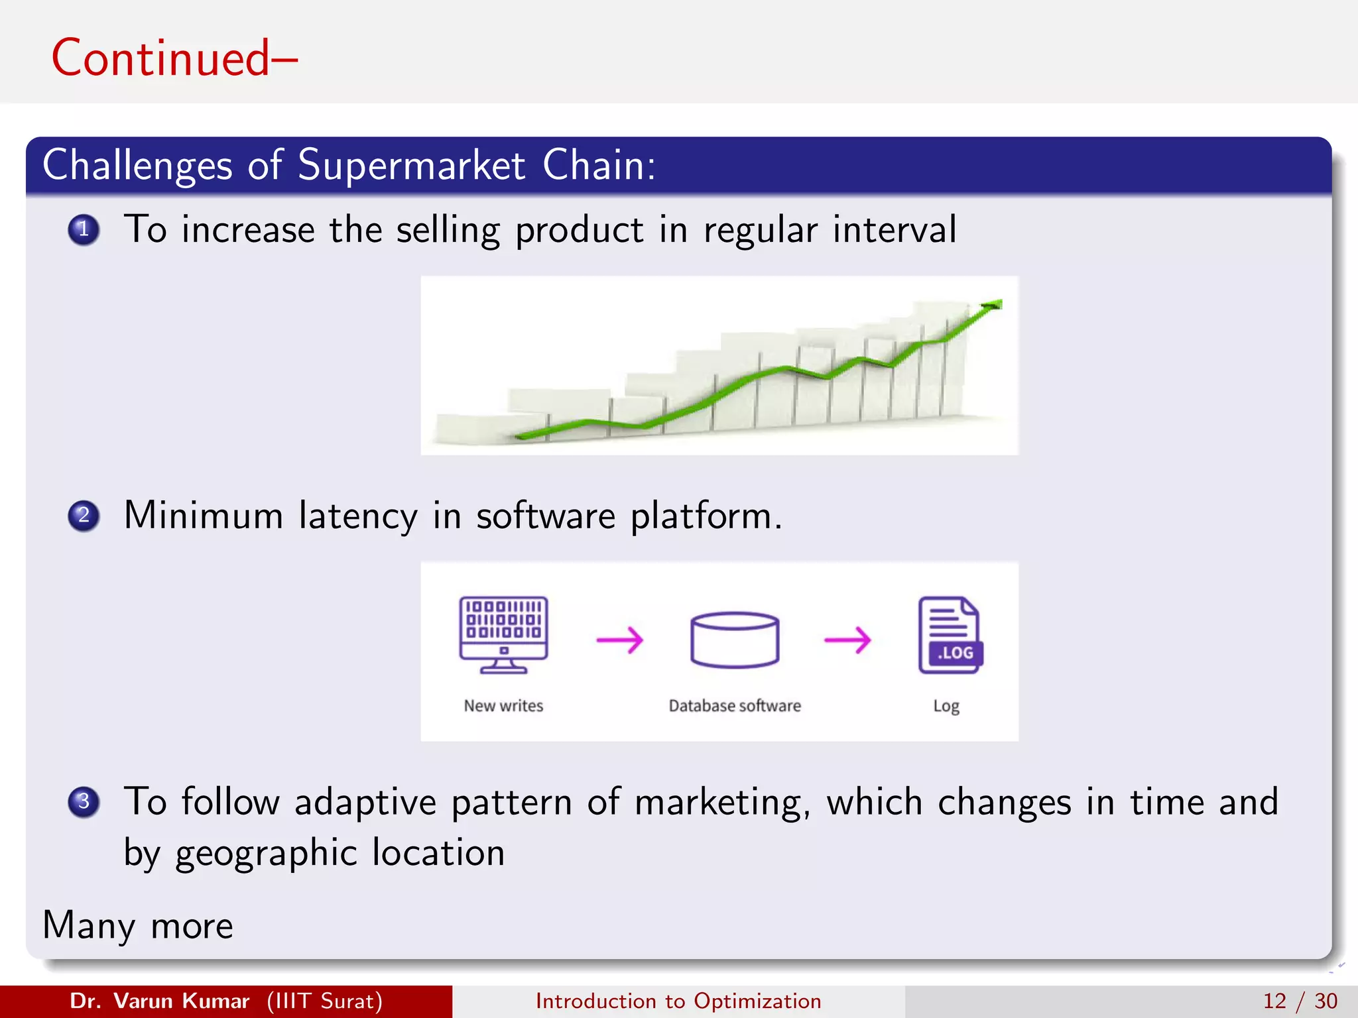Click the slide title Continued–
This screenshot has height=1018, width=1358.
coord(174,58)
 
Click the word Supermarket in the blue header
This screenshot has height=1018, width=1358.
coord(411,166)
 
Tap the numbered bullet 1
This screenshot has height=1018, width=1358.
coord(84,230)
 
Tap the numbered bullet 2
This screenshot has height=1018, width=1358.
coord(84,516)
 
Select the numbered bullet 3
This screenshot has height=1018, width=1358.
coord(84,802)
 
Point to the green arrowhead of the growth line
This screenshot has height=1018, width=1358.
coord(993,305)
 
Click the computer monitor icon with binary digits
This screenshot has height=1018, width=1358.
coord(504,634)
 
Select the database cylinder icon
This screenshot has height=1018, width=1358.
coord(734,640)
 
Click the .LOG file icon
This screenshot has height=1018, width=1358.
coord(950,635)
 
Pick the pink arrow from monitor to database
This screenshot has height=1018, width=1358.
coord(620,640)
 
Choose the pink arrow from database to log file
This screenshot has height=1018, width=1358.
coord(847,640)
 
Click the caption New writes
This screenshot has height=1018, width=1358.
coord(503,706)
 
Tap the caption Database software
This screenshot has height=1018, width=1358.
coord(735,706)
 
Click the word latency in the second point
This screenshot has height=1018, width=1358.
coord(358,516)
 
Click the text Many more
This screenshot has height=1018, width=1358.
coord(138,926)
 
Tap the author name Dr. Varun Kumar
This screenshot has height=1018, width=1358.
coord(160,1001)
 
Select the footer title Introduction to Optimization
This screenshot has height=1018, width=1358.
coord(678,1001)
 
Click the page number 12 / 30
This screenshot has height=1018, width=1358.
coord(1300,1001)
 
